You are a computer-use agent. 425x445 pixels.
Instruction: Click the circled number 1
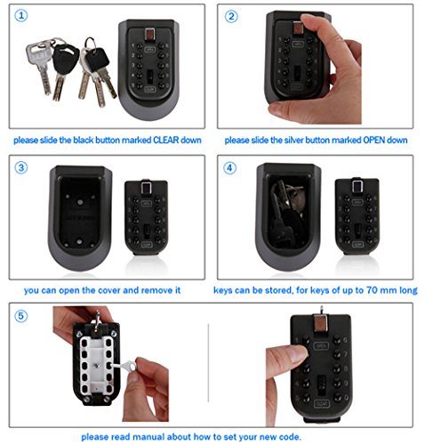tap(21, 15)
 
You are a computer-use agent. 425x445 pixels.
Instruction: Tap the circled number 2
tap(231, 16)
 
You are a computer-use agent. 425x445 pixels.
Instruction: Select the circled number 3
tap(21, 167)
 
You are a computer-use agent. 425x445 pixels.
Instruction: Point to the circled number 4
tap(229, 168)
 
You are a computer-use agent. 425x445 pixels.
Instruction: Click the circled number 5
tap(21, 316)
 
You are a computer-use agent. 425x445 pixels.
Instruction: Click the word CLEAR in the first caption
tap(165, 140)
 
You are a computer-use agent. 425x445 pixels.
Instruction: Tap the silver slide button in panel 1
tap(149, 34)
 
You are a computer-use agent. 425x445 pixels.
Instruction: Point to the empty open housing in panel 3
tap(80, 218)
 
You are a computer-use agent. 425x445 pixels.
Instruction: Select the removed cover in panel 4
tap(357, 216)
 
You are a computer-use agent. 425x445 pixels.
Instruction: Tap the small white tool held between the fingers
tap(124, 366)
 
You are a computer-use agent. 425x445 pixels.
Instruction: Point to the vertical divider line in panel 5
tap(208, 363)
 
